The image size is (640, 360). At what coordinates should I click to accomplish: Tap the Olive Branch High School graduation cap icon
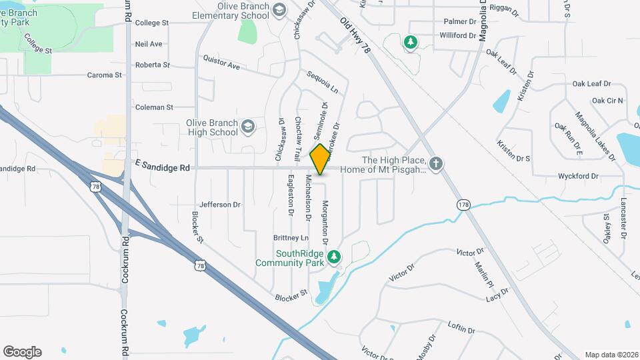tap(248, 127)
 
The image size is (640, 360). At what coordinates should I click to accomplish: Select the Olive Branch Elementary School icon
tap(279, 9)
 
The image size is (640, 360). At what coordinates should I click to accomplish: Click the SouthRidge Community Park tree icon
tap(333, 257)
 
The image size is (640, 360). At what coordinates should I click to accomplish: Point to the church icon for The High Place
tap(436, 164)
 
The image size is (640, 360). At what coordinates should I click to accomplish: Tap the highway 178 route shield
tap(463, 205)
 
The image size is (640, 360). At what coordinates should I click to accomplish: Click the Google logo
tap(22, 351)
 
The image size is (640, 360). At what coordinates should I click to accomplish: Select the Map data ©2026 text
tap(611, 355)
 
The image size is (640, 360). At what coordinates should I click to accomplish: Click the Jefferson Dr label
tap(219, 205)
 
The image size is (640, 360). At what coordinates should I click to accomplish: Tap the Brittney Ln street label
tap(291, 238)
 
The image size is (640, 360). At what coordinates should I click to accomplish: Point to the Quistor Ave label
tap(221, 62)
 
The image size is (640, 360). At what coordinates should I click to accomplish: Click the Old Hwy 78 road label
tap(355, 37)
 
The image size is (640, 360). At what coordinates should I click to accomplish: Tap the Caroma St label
tap(105, 75)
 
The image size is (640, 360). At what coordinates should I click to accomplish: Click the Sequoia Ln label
tap(323, 82)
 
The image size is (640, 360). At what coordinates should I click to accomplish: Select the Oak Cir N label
tap(607, 101)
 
